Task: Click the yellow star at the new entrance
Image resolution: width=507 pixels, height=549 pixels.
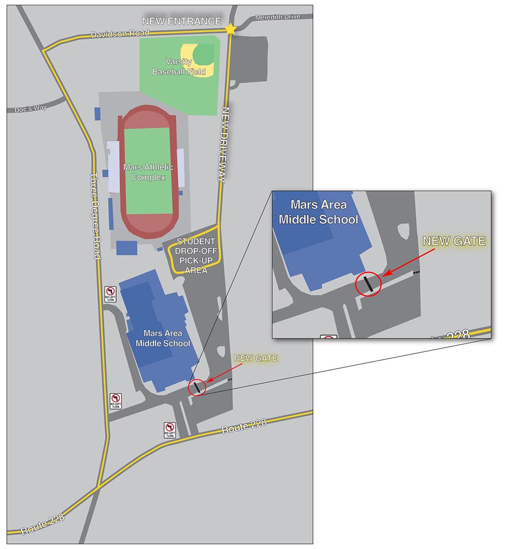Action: tap(231, 29)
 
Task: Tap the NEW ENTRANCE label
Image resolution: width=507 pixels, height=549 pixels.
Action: tap(182, 21)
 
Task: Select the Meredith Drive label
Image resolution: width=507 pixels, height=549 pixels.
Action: tap(277, 17)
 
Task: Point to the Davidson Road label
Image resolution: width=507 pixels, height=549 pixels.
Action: tap(120, 33)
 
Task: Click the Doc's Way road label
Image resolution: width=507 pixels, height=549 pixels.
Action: tap(30, 109)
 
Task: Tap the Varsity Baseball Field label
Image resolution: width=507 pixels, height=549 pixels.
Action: tap(179, 67)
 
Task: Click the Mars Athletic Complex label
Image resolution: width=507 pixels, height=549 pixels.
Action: tap(148, 172)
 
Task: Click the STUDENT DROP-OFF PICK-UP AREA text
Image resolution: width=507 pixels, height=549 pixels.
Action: tap(195, 256)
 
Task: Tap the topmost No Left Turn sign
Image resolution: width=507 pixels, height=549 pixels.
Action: tap(111, 294)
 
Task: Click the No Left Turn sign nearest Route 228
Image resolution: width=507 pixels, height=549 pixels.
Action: tap(170, 430)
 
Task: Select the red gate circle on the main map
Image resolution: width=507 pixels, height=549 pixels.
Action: tap(197, 387)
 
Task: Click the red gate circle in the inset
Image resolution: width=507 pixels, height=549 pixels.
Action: tap(368, 284)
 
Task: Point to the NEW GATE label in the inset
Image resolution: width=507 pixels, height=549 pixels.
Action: tap(454, 241)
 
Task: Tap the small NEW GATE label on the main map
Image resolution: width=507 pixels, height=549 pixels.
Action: tap(256, 358)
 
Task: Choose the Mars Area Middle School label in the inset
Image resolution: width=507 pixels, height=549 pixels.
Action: tap(318, 212)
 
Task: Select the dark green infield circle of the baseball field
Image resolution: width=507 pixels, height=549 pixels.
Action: tap(204, 53)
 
